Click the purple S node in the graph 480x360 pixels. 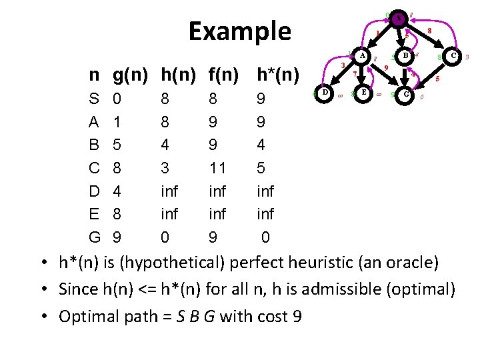click(x=398, y=19)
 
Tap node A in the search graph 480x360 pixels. click(x=363, y=57)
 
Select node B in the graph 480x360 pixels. click(x=405, y=57)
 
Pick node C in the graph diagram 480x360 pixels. click(x=453, y=57)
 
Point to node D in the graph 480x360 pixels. click(x=324, y=92)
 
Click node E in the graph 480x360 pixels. click(x=363, y=92)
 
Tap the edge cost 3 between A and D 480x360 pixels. click(x=342, y=65)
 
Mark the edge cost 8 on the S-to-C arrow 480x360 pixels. click(x=430, y=31)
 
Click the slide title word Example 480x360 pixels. click(x=239, y=31)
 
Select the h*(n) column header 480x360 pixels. click(x=278, y=74)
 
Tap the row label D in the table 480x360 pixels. click(x=95, y=191)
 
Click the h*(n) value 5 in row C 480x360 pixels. click(x=261, y=168)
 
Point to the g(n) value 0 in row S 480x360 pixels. click(x=118, y=99)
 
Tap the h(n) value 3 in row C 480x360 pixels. click(x=165, y=168)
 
